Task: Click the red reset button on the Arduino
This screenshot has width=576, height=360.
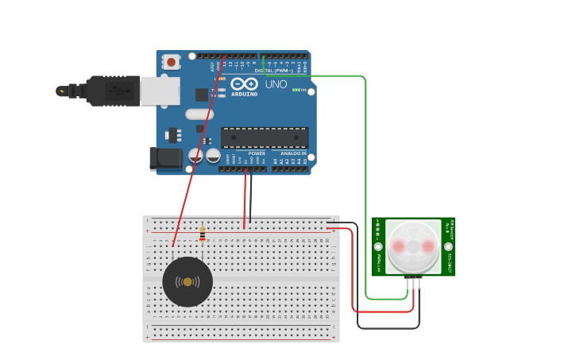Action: [x=171, y=61]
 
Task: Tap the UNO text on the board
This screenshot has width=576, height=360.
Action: [x=276, y=84]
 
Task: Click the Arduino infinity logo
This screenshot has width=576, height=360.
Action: [x=244, y=83]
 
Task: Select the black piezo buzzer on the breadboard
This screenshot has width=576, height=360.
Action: [x=187, y=282]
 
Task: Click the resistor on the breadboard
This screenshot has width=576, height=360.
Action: [x=203, y=234]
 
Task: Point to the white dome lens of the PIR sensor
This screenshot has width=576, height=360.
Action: [x=413, y=246]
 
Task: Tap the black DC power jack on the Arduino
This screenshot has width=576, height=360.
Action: [x=166, y=158]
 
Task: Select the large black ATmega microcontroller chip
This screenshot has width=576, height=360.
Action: [x=265, y=137]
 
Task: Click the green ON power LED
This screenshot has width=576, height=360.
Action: [x=296, y=90]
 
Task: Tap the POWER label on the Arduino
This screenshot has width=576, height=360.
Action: [x=257, y=153]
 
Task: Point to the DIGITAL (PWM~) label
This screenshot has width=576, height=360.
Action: [x=275, y=71]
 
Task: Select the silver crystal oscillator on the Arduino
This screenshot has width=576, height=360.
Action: [x=200, y=114]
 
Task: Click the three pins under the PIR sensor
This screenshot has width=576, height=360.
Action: [x=413, y=283]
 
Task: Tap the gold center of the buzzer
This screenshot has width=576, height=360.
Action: [x=187, y=282]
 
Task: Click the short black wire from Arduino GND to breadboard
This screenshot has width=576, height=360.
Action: [x=251, y=199]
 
